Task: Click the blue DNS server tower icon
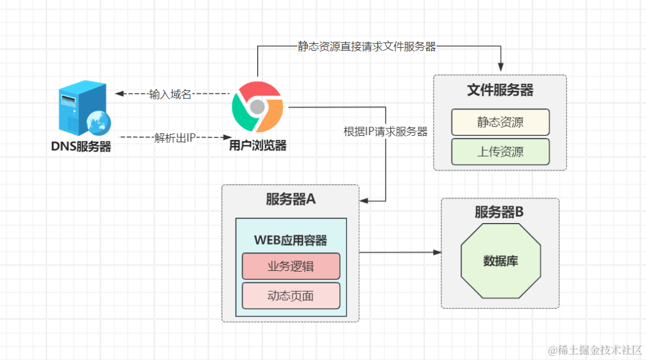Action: [x=83, y=108]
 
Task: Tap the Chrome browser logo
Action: [x=257, y=106]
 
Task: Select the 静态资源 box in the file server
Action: [x=500, y=122]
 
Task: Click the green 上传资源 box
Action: [x=500, y=151]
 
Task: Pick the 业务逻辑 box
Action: [x=291, y=266]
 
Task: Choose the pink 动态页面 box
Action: [x=291, y=296]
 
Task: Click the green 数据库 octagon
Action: [x=501, y=261]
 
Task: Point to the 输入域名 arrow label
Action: [x=170, y=94]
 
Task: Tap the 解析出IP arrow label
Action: [x=175, y=138]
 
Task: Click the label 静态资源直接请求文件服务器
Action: [x=367, y=46]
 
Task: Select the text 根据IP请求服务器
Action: [x=386, y=132]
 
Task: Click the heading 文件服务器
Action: [x=500, y=90]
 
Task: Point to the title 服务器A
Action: [x=291, y=199]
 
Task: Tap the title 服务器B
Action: [x=499, y=212]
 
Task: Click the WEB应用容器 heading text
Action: [x=291, y=240]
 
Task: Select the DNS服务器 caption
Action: [x=81, y=147]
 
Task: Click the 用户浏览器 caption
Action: [x=258, y=145]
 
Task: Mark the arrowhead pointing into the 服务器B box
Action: [x=437, y=252]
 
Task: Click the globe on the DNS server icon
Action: [x=99, y=123]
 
